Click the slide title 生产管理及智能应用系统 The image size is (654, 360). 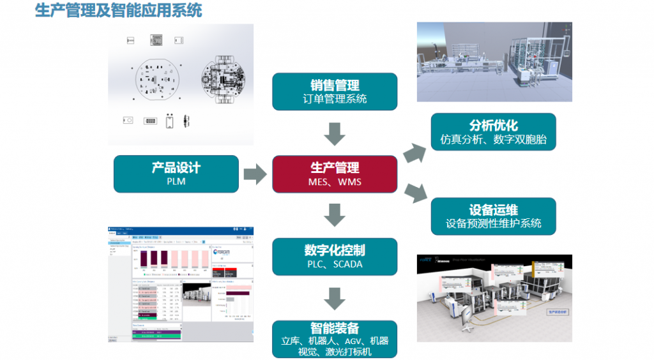click(119, 10)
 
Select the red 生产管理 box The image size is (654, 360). click(335, 174)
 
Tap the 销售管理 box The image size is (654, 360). click(335, 91)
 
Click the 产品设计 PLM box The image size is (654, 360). click(176, 174)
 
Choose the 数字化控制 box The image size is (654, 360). click(335, 257)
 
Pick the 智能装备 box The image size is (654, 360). click(335, 338)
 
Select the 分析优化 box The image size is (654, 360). click(493, 132)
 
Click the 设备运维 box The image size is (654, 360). click(493, 216)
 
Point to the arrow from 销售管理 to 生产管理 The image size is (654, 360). click(335, 133)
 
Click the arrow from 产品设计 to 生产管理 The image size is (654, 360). click(255, 174)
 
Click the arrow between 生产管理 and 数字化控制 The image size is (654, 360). click(335, 215)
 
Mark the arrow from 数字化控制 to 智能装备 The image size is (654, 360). click(335, 298)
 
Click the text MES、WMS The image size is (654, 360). click(335, 182)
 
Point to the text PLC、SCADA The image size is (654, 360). click(335, 264)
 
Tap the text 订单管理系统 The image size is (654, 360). click(335, 99)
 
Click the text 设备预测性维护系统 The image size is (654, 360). click(493, 223)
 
